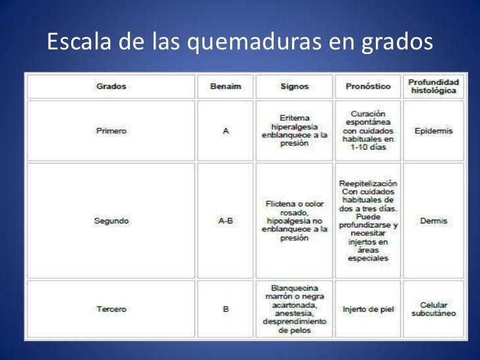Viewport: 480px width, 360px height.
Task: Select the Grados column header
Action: (x=111, y=86)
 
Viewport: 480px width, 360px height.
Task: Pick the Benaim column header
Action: (x=225, y=86)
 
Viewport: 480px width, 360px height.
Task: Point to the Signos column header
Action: (x=294, y=86)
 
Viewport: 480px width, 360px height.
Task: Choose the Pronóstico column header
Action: (x=368, y=86)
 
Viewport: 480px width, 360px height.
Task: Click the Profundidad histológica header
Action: (x=433, y=86)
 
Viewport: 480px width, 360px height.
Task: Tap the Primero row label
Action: (x=111, y=131)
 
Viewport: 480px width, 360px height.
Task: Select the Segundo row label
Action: (x=111, y=221)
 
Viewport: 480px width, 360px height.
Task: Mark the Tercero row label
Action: (x=111, y=309)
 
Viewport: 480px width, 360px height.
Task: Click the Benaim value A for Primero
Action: (x=225, y=131)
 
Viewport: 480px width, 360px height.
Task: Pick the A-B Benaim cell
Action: (x=225, y=221)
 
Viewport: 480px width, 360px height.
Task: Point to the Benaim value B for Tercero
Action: (x=225, y=309)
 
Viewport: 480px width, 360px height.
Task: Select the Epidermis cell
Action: (x=433, y=131)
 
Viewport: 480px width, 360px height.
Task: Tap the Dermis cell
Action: (x=433, y=221)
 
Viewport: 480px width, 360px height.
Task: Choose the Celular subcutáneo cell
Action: (x=433, y=309)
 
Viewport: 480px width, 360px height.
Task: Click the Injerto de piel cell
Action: (x=368, y=309)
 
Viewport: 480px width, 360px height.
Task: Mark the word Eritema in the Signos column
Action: (x=294, y=117)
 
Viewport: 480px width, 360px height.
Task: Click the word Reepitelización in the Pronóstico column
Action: (x=368, y=183)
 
